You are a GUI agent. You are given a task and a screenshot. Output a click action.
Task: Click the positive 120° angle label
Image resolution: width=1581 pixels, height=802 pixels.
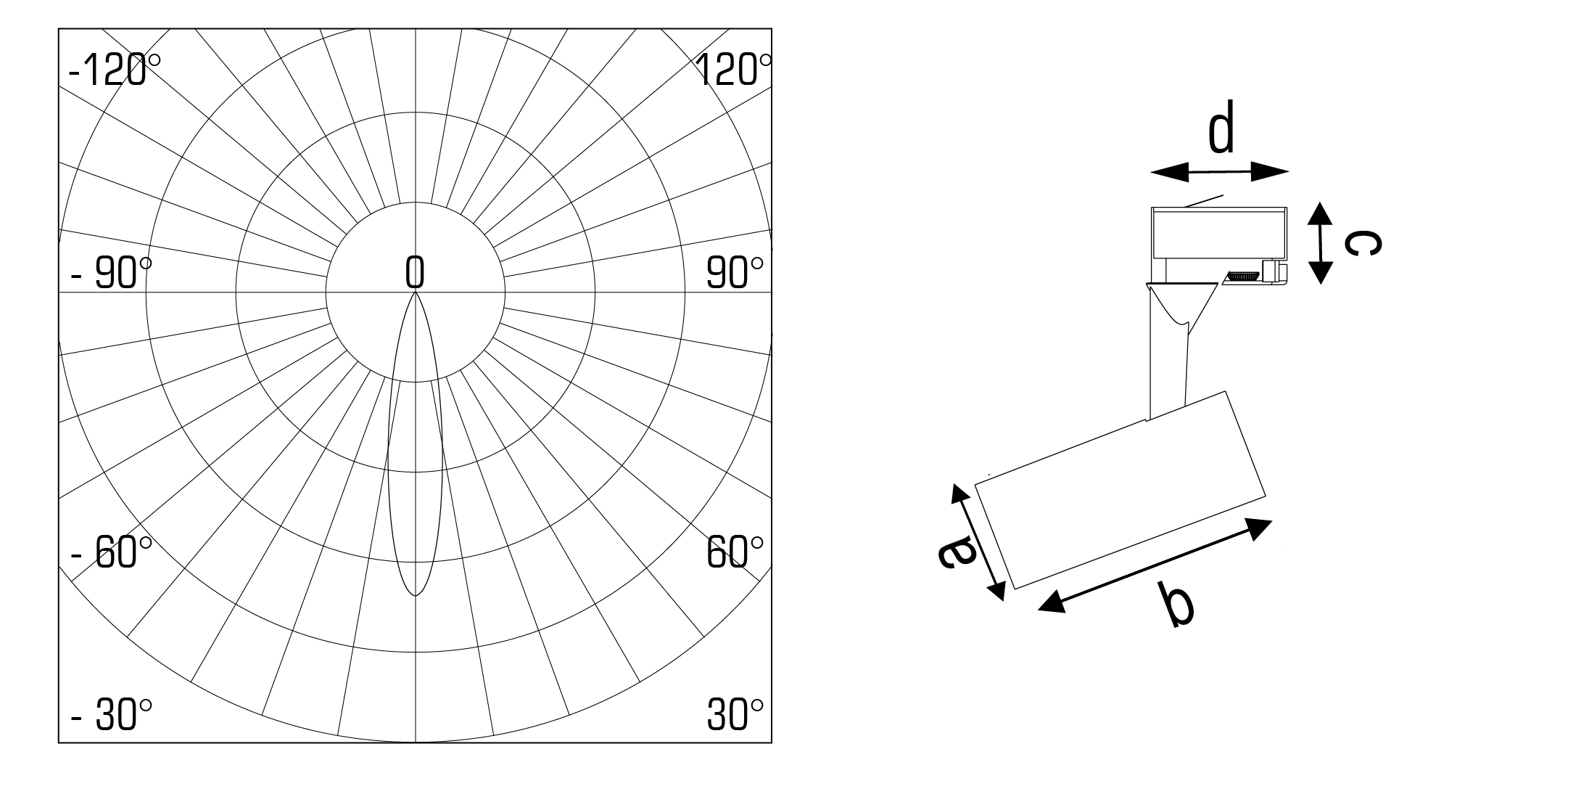pos(733,71)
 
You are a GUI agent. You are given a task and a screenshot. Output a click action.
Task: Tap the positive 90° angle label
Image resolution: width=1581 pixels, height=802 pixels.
pos(735,274)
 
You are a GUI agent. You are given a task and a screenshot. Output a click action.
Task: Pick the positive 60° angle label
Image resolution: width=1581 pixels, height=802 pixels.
pos(735,554)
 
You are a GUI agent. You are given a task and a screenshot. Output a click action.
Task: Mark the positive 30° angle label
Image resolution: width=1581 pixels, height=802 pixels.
pos(735,716)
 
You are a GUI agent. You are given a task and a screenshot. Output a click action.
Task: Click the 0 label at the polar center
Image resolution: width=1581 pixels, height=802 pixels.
pos(415,273)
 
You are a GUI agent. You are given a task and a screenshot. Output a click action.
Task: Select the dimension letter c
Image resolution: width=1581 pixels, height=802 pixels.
pos(1361,243)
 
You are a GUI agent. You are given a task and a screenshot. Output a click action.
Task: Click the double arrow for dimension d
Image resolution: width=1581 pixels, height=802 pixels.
pos(1219,172)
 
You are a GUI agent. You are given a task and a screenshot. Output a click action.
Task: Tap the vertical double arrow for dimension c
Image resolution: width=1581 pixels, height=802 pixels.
pos(1321,242)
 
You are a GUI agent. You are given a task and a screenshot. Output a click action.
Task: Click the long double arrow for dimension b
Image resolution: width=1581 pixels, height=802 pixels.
pos(1155,565)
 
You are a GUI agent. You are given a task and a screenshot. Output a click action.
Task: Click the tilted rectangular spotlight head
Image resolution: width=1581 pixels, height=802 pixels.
pos(1120,490)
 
